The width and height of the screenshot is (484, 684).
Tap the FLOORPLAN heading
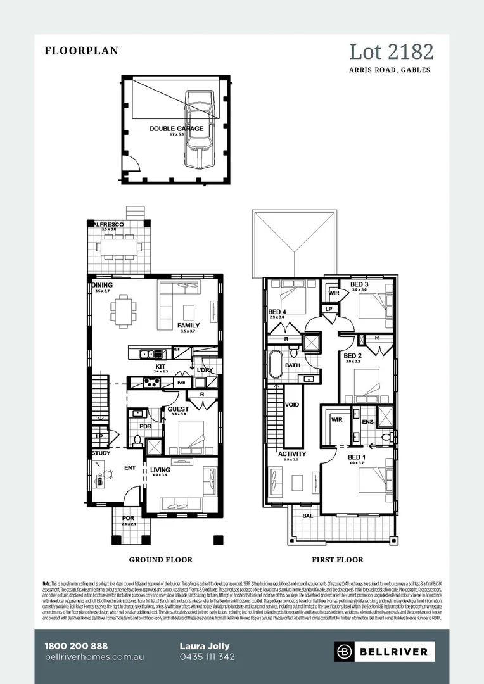pyautogui.click(x=81, y=51)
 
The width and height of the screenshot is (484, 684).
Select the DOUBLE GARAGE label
pyautogui.click(x=176, y=129)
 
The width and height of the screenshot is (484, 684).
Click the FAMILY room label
pyautogui.click(x=189, y=326)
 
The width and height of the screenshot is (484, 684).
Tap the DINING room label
pyautogui.click(x=102, y=286)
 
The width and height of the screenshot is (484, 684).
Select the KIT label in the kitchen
pyautogui.click(x=161, y=367)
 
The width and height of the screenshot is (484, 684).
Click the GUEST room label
pyautogui.click(x=178, y=410)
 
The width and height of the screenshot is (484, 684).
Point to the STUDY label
pyautogui.click(x=101, y=453)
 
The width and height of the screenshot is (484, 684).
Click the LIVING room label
pyautogui.click(x=160, y=470)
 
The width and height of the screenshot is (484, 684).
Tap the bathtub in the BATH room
pyautogui.click(x=276, y=365)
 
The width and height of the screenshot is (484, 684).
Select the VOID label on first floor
pyautogui.click(x=292, y=405)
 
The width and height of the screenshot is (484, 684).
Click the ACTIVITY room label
pyautogui.click(x=292, y=454)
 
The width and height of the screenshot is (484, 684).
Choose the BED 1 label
pyautogui.click(x=357, y=457)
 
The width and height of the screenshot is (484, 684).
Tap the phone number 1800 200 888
pyautogui.click(x=76, y=646)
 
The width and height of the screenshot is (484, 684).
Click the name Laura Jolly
pyautogui.click(x=205, y=646)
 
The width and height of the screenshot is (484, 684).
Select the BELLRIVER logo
pyautogui.click(x=385, y=650)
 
